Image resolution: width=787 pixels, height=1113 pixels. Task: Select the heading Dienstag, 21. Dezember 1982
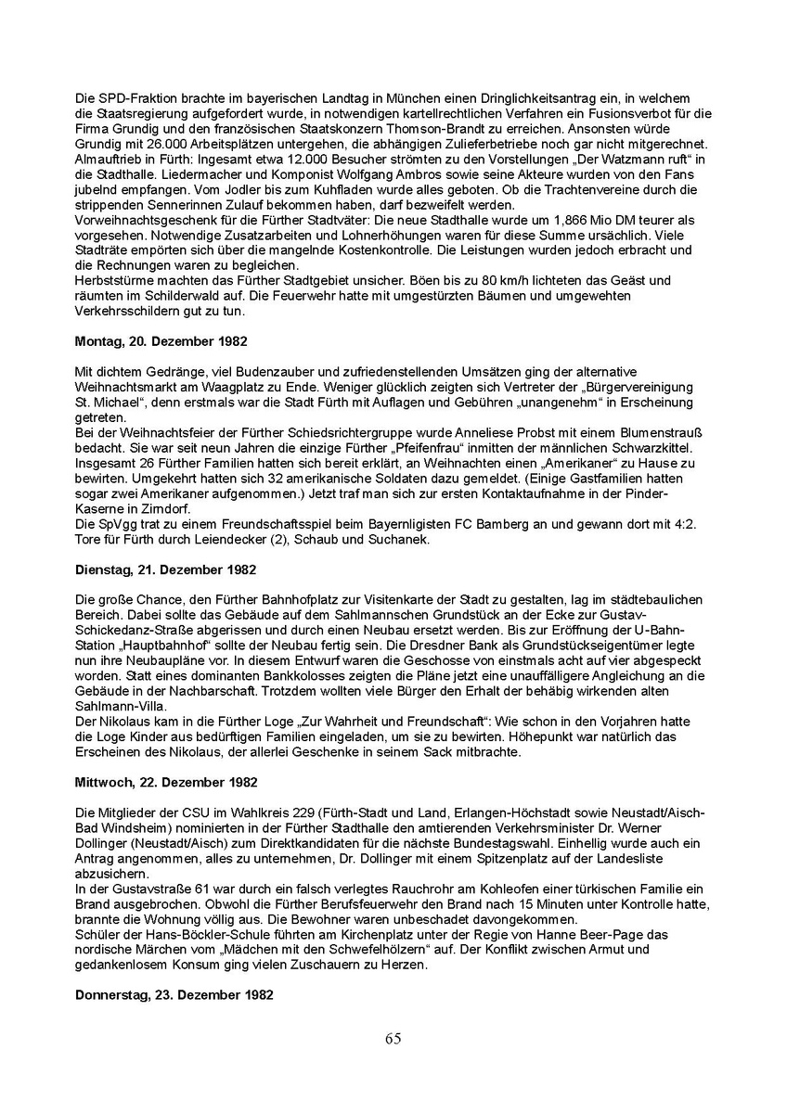tap(165, 569)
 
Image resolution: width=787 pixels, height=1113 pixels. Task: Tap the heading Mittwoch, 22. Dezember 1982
tap(165, 782)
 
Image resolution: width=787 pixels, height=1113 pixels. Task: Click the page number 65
tap(393, 1038)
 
